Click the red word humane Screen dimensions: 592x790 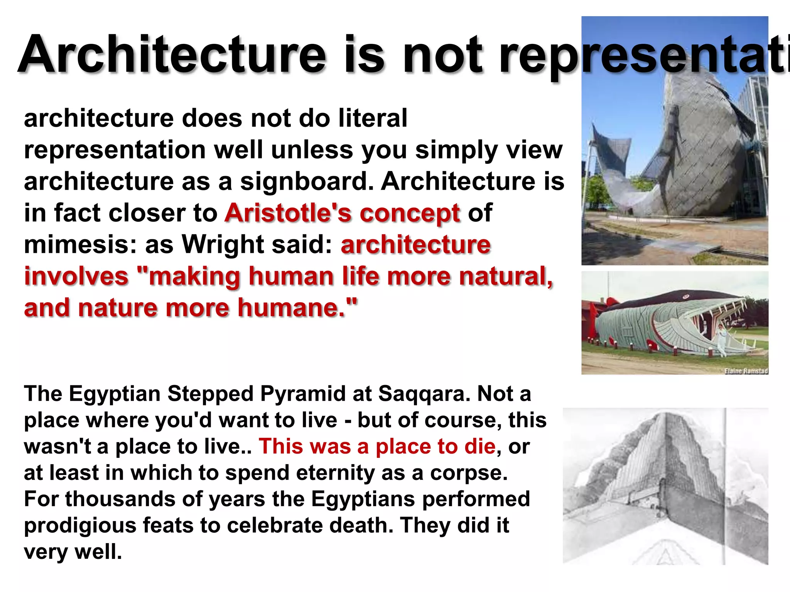291,308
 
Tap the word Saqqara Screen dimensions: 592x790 424,394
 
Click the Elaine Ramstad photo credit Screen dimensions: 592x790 746,371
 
